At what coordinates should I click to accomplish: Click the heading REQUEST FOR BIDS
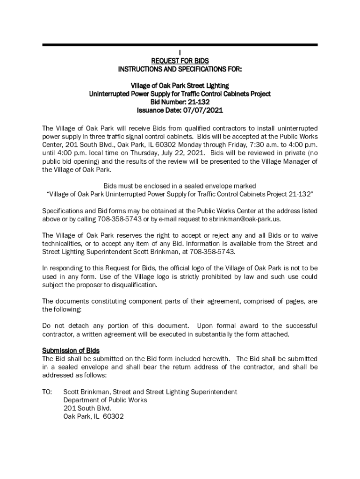point(180,61)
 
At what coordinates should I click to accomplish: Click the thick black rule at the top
point(180,45)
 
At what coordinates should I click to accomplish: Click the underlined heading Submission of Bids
point(71,350)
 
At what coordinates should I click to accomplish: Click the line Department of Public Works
point(105,400)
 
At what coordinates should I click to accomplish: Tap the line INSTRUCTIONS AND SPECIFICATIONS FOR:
point(180,69)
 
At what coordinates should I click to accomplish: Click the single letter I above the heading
point(180,52)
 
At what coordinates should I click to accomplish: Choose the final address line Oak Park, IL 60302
point(94,417)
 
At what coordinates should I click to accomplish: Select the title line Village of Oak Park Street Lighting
point(180,86)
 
